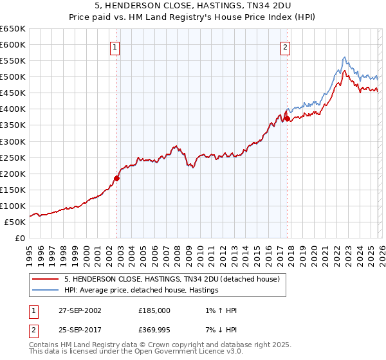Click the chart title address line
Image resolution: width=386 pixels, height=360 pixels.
click(x=193, y=7)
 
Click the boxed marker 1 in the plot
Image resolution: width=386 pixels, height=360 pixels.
click(x=115, y=46)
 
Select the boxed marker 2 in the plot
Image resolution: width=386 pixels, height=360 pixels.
click(x=285, y=46)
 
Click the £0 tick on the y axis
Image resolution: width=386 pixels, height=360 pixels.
click(x=21, y=238)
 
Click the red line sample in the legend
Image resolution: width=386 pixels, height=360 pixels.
click(x=46, y=280)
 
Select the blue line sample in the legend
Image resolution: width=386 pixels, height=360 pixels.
click(x=46, y=291)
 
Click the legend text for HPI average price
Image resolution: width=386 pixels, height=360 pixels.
click(x=141, y=291)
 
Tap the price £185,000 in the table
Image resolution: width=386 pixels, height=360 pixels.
click(x=154, y=310)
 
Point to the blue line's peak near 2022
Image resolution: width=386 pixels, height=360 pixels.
click(x=345, y=57)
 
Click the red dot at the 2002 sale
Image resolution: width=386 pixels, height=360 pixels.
click(x=117, y=178)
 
